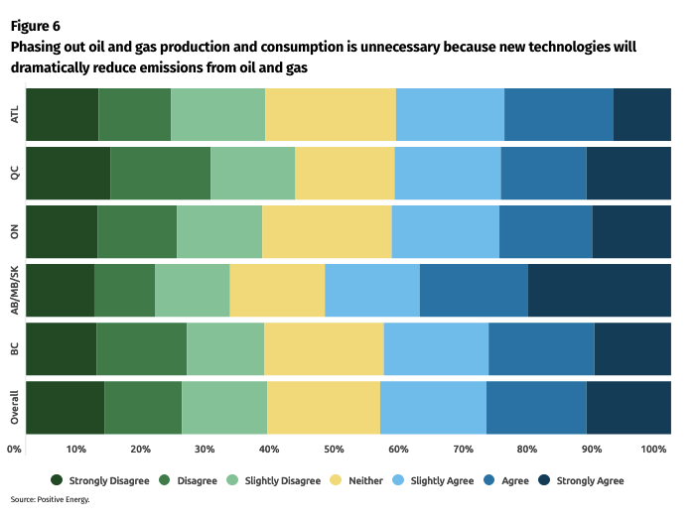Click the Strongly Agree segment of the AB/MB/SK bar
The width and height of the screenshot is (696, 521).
[599, 290]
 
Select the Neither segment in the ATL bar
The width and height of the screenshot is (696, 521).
[331, 113]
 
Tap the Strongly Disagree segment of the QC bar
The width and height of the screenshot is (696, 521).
[68, 172]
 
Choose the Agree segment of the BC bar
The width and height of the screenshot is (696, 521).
[541, 348]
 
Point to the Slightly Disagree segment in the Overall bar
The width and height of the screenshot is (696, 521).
[224, 407]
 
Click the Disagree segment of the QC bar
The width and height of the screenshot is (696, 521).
[160, 172]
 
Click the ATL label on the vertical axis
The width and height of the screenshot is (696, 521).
[14, 114]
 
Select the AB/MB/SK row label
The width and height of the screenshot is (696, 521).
[14, 290]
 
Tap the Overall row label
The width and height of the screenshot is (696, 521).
[14, 407]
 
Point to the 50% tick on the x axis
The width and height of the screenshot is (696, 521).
[335, 450]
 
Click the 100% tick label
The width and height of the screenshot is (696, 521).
[653, 450]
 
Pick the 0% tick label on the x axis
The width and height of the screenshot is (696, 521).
[14, 450]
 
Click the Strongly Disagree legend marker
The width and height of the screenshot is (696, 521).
[57, 480]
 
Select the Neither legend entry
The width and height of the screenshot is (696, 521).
[357, 480]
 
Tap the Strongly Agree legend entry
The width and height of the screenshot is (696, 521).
[580, 480]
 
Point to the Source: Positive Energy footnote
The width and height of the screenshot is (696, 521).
[51, 500]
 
